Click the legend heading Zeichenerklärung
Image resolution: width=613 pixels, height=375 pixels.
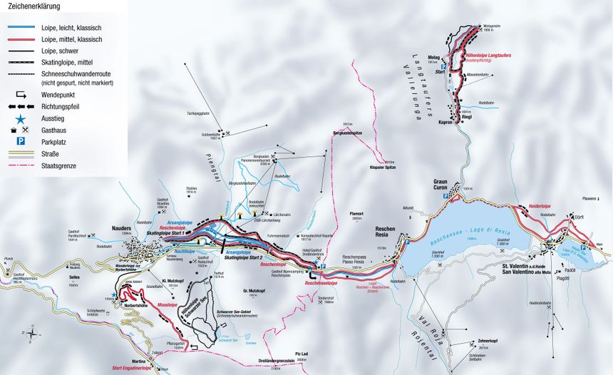coord(34,6)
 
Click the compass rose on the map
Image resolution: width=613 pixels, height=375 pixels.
coord(33,331)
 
